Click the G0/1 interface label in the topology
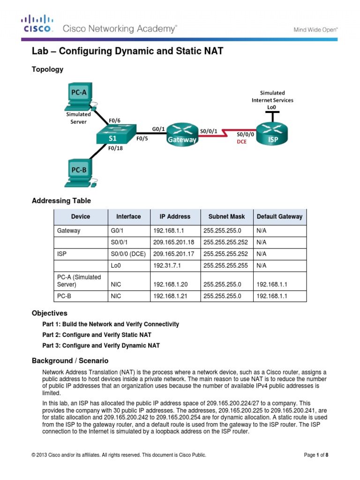click(x=158, y=128)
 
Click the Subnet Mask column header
click(x=226, y=217)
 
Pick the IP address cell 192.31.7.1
click(x=167, y=266)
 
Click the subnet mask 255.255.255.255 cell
click(x=226, y=266)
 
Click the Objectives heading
click(x=49, y=313)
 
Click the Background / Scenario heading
click(x=70, y=360)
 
